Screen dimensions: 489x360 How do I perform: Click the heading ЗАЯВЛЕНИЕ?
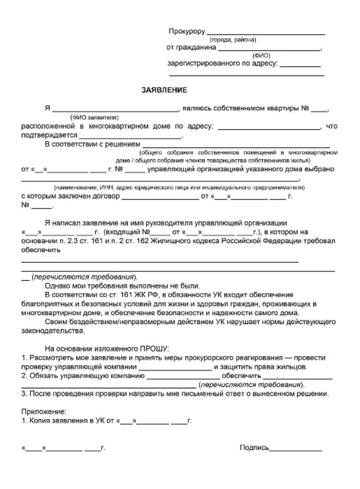164,90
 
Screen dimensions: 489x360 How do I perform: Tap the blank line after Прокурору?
266,34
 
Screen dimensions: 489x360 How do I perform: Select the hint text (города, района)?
233,40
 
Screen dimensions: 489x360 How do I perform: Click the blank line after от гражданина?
269,50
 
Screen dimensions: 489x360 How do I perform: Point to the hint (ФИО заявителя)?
94,117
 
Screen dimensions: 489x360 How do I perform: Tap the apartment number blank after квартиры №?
319,111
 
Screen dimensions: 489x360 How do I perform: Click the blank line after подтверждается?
130,137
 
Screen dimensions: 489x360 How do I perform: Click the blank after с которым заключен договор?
160,198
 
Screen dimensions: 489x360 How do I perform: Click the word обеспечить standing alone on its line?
41,250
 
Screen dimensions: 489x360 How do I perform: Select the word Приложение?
44,412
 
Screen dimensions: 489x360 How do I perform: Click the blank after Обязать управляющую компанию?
183,378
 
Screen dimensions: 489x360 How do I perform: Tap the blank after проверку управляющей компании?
175,369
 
